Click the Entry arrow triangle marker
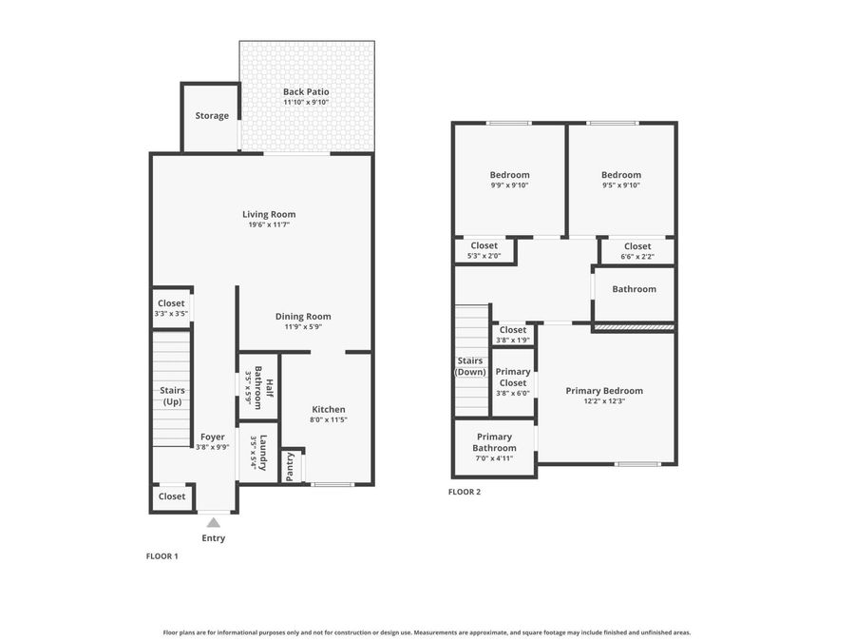point(214,522)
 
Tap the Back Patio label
point(306,92)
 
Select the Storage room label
point(212,116)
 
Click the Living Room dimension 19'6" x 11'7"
point(269,225)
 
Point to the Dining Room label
point(303,317)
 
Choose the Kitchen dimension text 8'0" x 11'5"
point(329,419)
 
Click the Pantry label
point(291,466)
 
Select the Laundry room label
point(263,452)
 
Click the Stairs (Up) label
point(172,396)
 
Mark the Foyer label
point(212,437)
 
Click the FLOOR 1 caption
point(161,555)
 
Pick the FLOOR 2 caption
point(465,492)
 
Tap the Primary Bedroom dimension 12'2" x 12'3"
point(604,401)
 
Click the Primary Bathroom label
point(495,442)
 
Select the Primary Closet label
point(513,378)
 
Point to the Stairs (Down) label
point(470,366)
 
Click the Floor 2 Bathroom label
point(634,289)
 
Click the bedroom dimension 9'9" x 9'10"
point(509,185)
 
